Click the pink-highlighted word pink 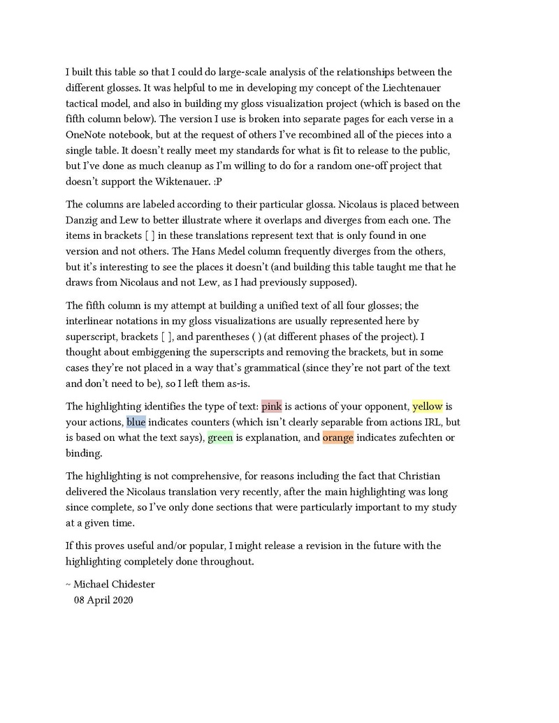coord(271,407)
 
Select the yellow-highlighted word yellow coord(427,407)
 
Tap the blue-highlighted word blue coord(136,422)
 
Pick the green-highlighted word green coord(220,438)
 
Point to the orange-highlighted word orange coord(338,438)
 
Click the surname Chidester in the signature coord(130,584)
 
